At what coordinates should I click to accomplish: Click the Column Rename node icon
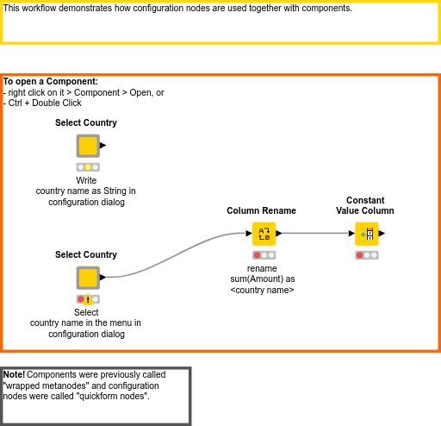point(264,233)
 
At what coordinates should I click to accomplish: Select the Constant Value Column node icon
point(366,233)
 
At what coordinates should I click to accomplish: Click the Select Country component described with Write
point(87,146)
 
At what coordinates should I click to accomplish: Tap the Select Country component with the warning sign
point(87,278)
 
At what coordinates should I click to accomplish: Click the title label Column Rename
point(261,210)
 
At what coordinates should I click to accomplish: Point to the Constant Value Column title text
point(364,205)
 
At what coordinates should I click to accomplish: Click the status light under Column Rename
point(264,255)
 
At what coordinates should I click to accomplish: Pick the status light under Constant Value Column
point(366,255)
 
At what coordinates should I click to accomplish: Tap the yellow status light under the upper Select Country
point(88,167)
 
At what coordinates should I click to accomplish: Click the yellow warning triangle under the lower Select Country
point(88,299)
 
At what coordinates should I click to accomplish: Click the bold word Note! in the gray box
point(14,375)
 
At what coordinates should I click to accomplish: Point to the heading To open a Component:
point(50,82)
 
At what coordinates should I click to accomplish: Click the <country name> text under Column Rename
point(263,290)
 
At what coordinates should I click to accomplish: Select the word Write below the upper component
point(86,180)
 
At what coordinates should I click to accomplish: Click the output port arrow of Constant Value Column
point(382,233)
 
